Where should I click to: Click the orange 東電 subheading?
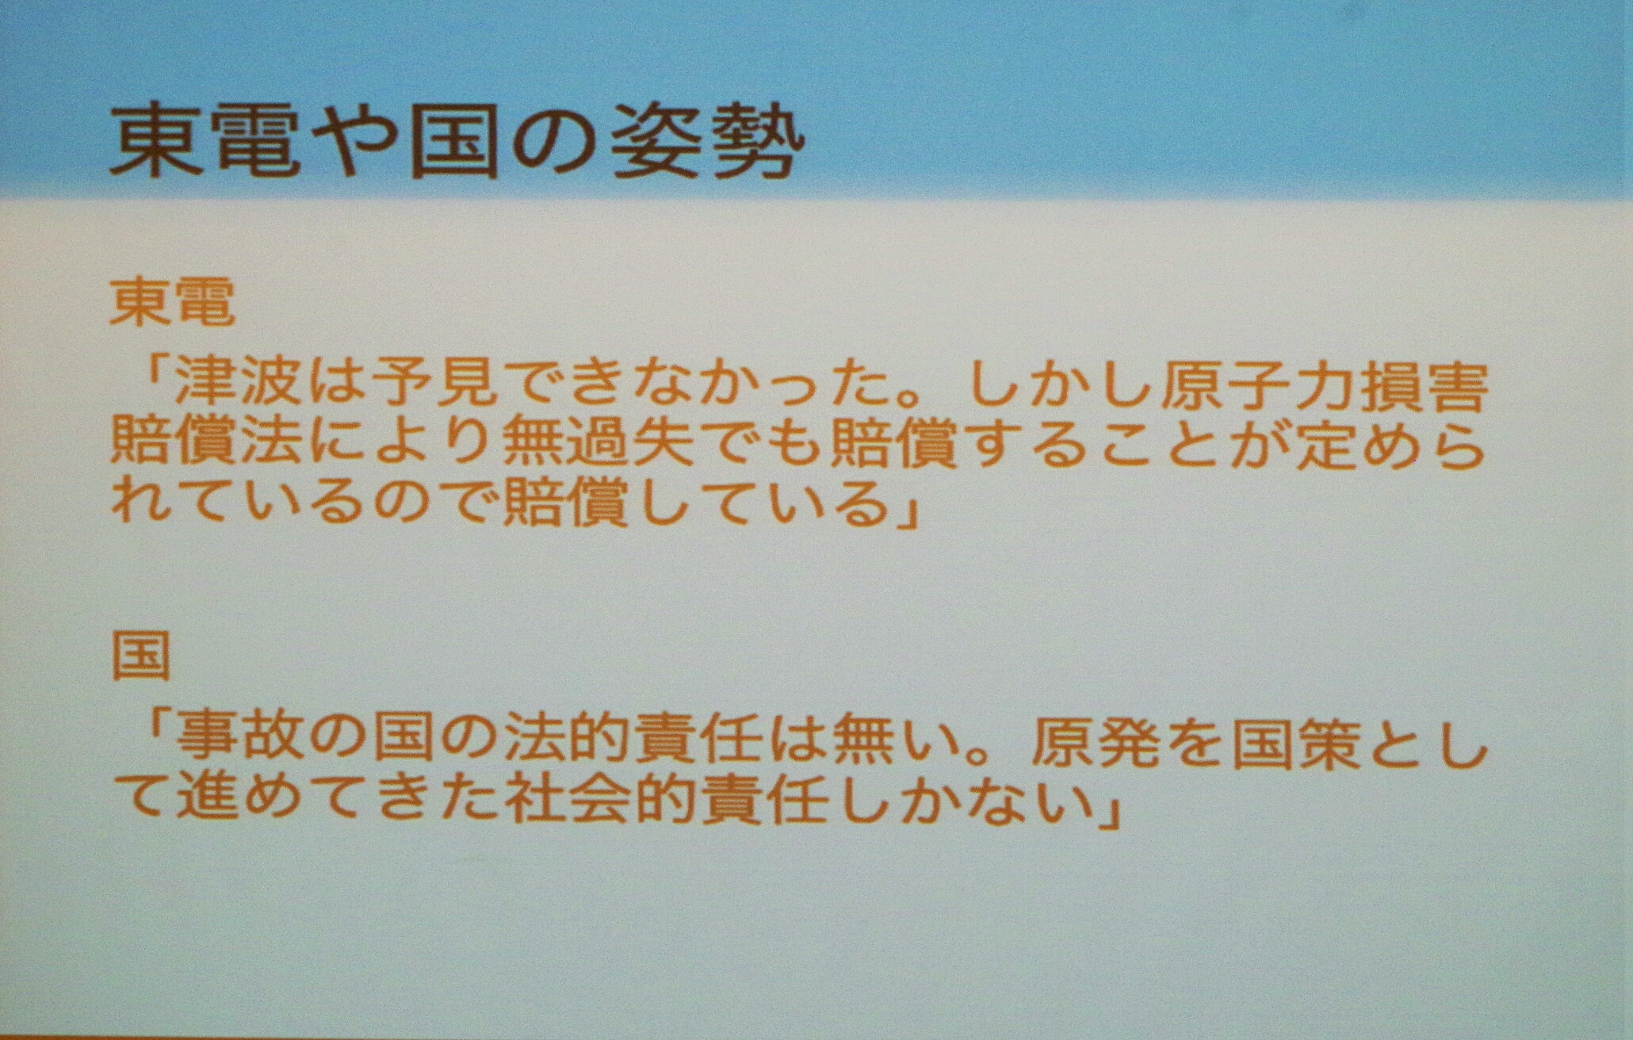pos(173,303)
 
